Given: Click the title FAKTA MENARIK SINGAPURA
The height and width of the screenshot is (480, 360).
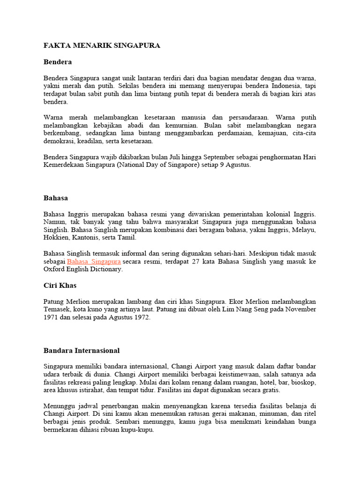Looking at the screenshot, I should point(102,45).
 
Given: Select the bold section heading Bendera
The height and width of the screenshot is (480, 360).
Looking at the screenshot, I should point(57,61).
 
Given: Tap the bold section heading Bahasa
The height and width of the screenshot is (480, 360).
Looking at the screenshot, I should point(56,198).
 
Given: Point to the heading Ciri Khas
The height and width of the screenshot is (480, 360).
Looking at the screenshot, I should point(60,285).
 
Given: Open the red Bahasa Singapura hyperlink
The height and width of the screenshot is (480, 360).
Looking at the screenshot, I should point(94,261).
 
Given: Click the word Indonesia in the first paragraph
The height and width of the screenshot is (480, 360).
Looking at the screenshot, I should point(279,86).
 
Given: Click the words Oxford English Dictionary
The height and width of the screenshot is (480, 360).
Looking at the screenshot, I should point(82,269).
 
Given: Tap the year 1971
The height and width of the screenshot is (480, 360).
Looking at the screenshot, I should point(51,317).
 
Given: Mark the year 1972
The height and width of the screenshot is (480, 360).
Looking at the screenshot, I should point(141,317).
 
